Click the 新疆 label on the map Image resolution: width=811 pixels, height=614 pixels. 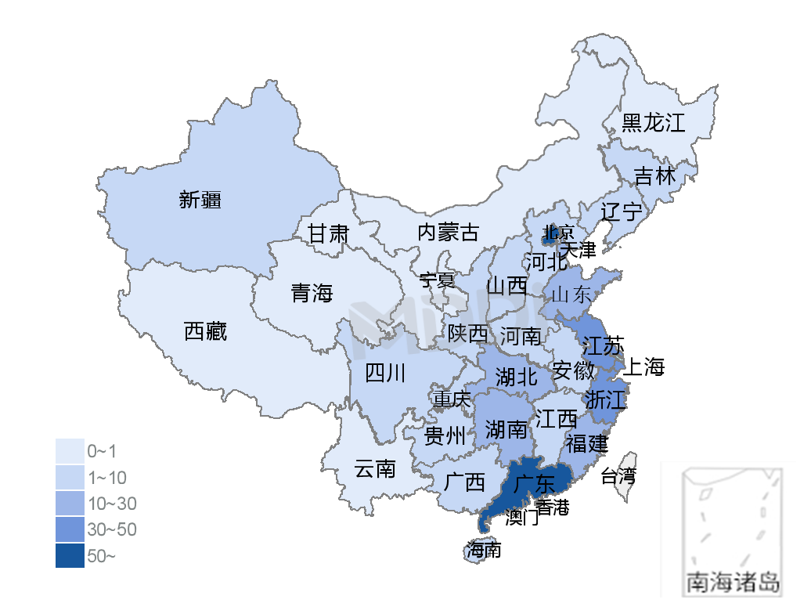click(200, 200)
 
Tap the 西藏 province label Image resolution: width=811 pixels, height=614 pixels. click(205, 332)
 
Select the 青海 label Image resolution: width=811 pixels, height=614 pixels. click(312, 294)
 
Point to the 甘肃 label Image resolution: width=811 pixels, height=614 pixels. click(327, 233)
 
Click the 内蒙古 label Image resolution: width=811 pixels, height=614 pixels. click(448, 233)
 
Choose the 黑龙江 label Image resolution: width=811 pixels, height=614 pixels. click(653, 123)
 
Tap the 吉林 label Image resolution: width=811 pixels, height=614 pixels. click(654, 176)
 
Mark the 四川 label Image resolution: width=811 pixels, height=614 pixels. click(385, 374)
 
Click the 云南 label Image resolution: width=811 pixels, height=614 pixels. click(374, 470)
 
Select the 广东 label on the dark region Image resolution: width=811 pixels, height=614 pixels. click(534, 483)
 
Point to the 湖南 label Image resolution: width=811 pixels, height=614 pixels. click(506, 429)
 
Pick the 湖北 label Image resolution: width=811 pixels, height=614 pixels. click(516, 377)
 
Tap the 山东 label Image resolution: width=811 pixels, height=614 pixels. click(571, 295)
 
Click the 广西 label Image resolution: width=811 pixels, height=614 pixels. click(463, 482)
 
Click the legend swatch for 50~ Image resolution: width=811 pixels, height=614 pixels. click(70, 556)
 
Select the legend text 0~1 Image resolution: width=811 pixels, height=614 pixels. click(102, 452)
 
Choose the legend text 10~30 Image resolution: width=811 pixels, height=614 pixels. click(112, 504)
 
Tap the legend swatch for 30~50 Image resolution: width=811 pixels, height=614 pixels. click(70, 529)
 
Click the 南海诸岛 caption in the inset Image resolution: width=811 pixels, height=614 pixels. click(732, 583)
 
